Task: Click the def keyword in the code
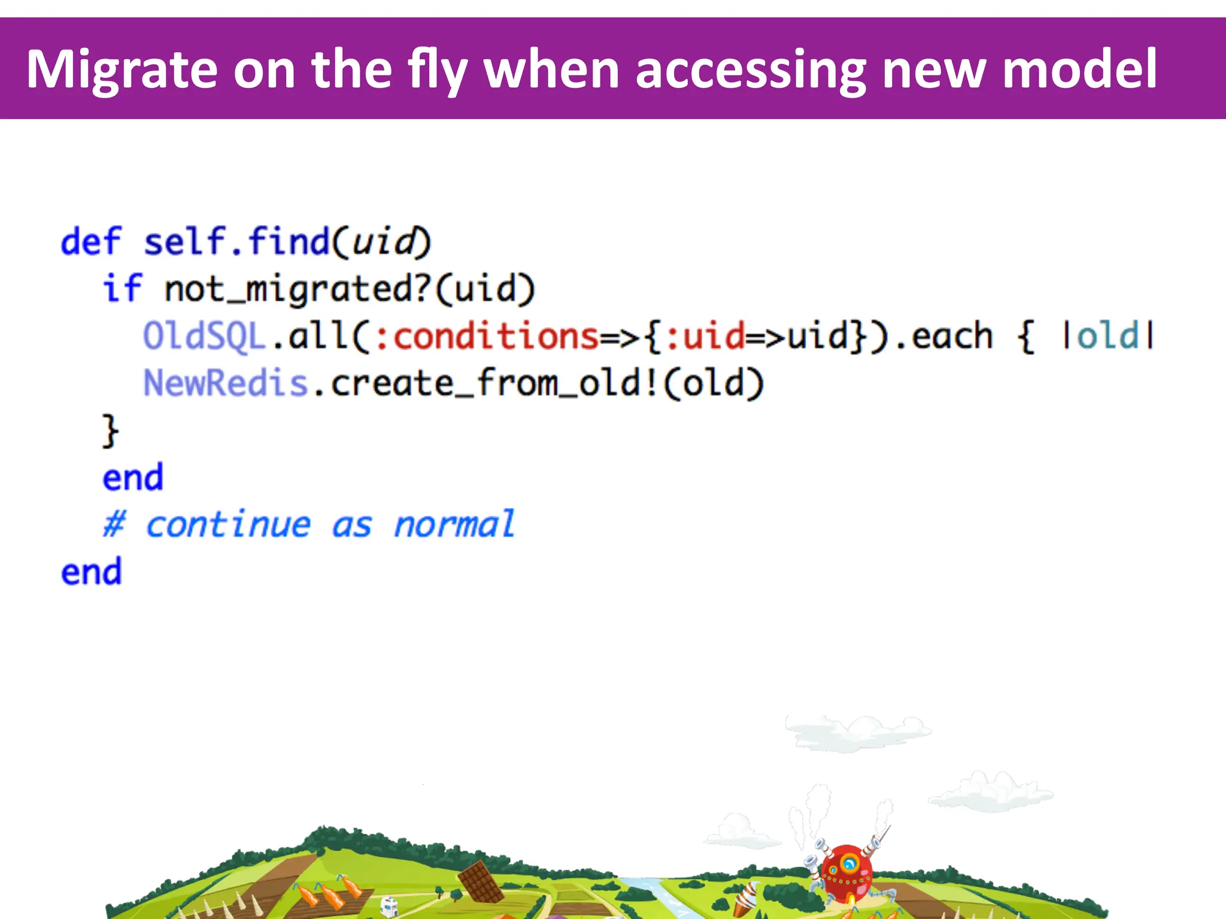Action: click(x=91, y=242)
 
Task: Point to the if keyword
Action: click(x=122, y=288)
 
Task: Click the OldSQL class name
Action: click(x=204, y=336)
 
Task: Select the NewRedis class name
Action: click(x=225, y=383)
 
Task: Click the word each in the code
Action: click(x=952, y=336)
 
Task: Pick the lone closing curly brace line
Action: click(x=110, y=430)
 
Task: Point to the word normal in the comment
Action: click(x=454, y=525)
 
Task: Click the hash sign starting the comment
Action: click(x=114, y=525)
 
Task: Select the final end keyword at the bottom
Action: click(x=91, y=572)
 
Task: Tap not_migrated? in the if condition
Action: click(x=297, y=288)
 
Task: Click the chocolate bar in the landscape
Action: click(x=481, y=882)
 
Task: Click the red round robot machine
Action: click(x=846, y=874)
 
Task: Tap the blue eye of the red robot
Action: click(x=849, y=863)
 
